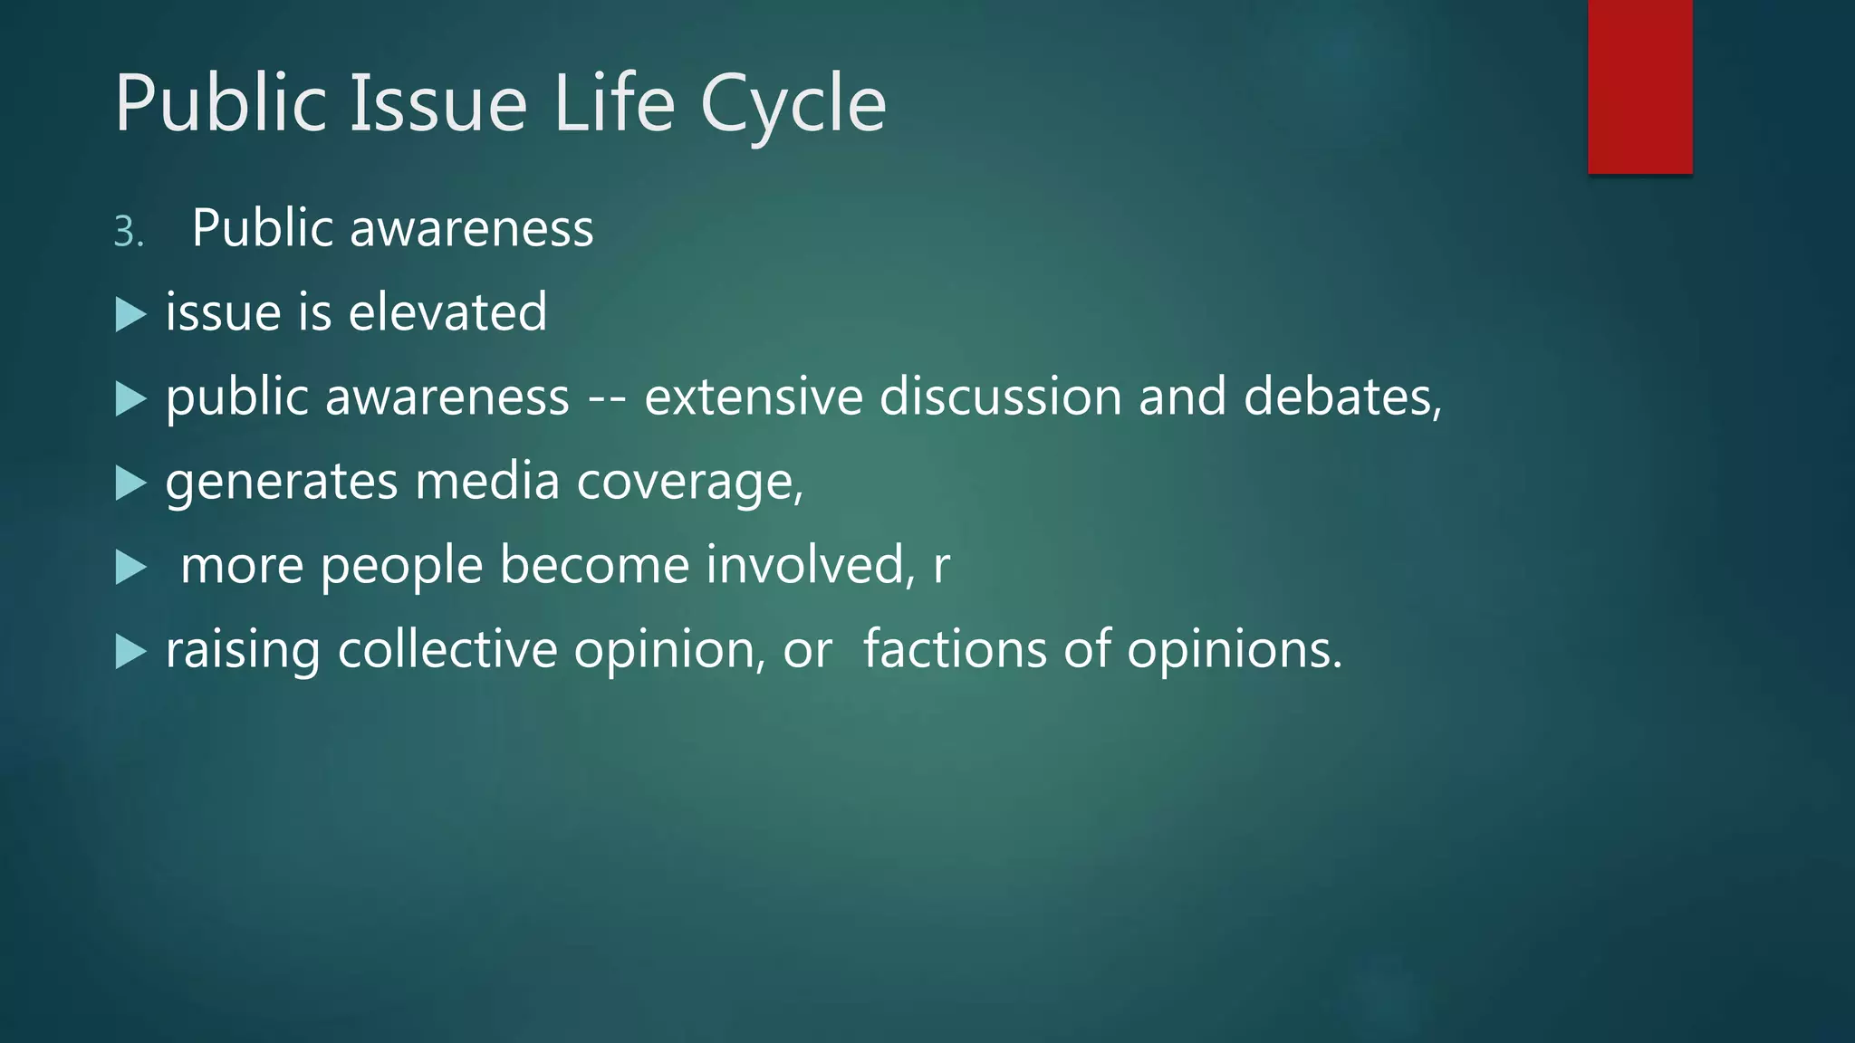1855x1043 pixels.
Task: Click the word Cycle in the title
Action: click(793, 104)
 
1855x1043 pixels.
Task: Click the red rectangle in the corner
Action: click(1639, 86)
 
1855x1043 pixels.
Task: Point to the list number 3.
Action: click(128, 233)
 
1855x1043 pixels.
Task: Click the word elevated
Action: click(447, 312)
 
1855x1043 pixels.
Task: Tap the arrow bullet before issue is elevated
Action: click(131, 315)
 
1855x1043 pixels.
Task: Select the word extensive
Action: click(753, 397)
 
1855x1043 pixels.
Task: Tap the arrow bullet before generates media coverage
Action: click(131, 483)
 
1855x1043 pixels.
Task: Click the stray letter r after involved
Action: click(942, 567)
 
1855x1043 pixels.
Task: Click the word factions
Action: click(955, 650)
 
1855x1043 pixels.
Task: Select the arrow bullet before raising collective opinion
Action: click(131, 652)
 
